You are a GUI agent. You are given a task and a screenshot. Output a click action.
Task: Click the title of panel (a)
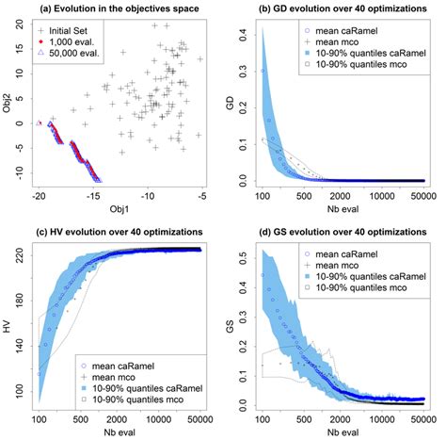[x=118, y=8]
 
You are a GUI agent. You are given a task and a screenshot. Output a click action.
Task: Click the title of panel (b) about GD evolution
[x=340, y=8]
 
